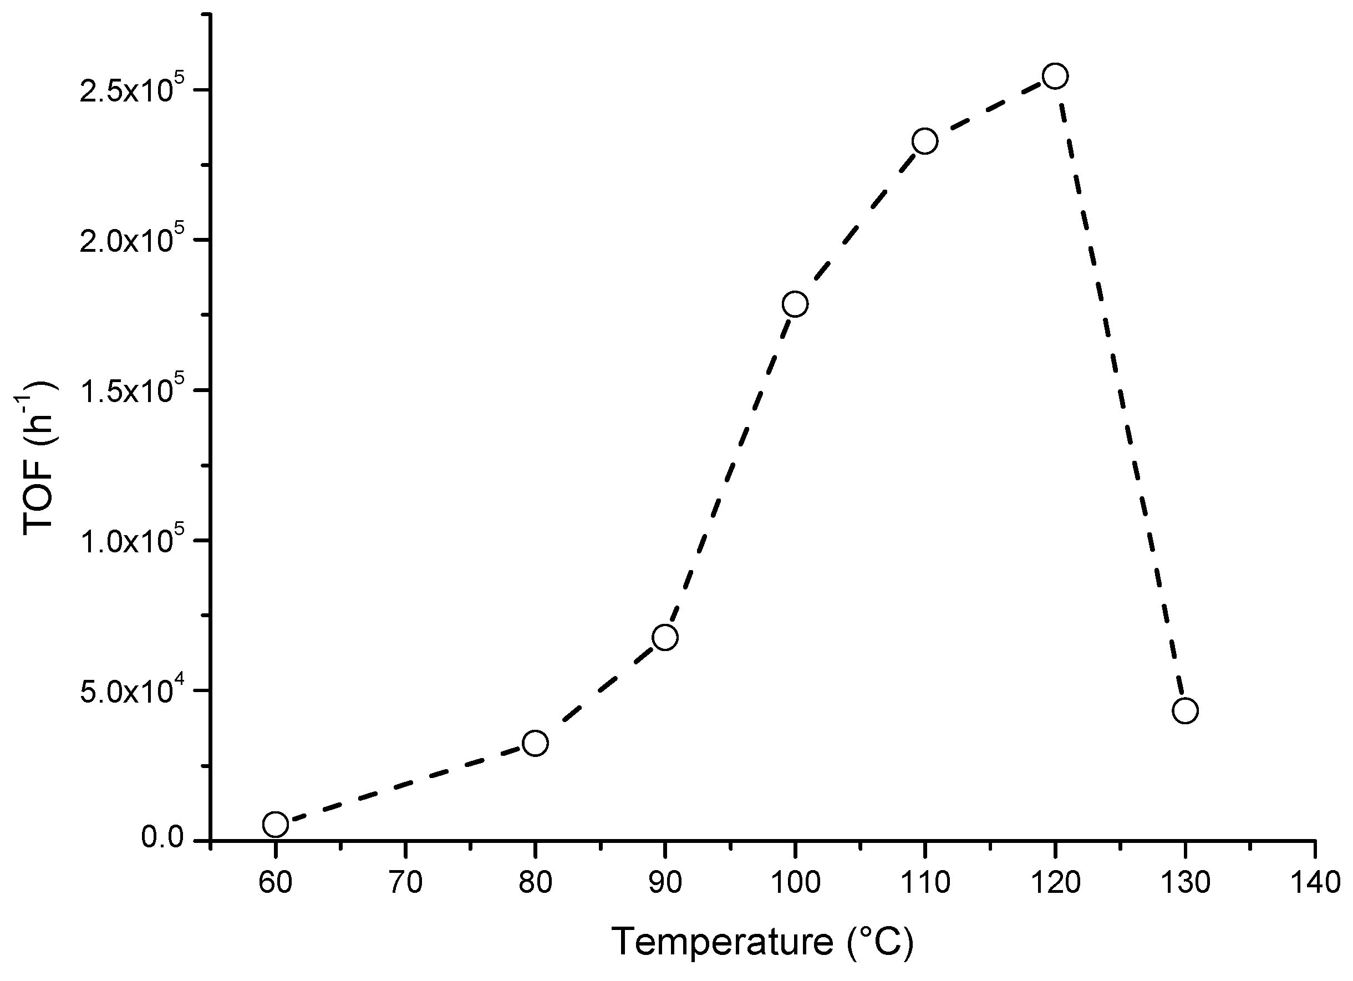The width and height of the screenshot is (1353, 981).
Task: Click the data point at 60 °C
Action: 275,824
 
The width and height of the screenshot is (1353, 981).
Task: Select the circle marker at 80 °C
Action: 535,743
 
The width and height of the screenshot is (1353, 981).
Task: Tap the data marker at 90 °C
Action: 664,637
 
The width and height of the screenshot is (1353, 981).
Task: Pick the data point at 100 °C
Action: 795,304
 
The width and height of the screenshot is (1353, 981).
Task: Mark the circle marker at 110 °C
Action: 925,141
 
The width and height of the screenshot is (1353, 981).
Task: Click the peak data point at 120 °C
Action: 1055,76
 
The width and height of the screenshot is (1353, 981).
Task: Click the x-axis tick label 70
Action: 406,882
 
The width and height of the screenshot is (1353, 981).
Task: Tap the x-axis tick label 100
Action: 795,882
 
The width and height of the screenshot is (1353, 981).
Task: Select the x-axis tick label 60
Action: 276,882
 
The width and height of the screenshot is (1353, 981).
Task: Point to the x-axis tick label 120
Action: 1055,882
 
